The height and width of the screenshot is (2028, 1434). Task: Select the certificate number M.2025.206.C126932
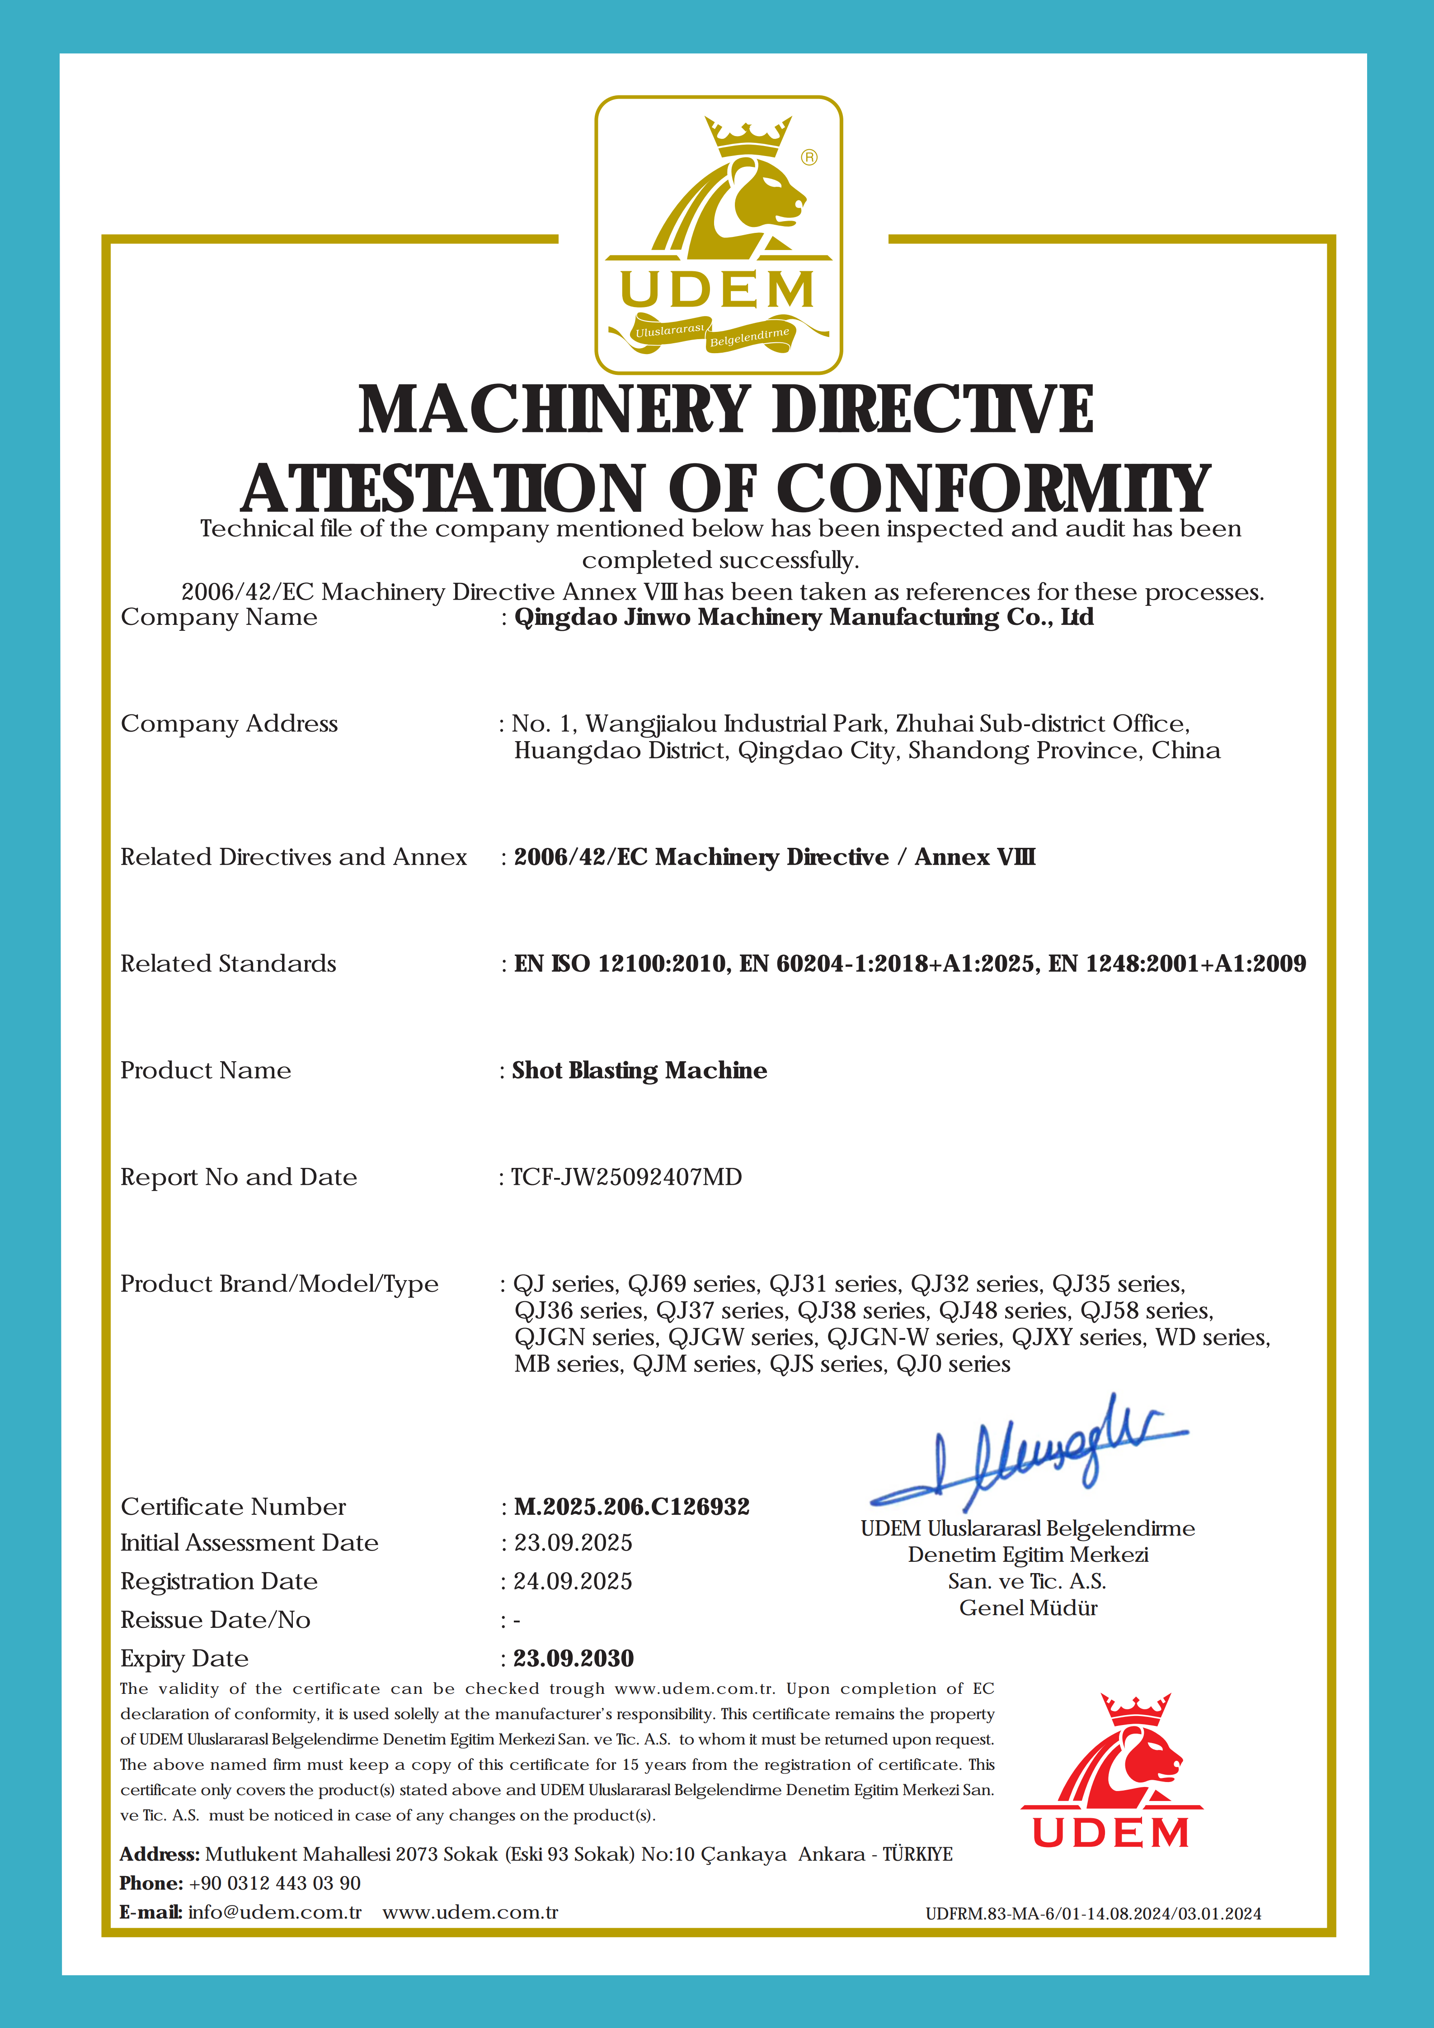[x=631, y=1507]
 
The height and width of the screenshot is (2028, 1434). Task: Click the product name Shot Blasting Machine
[x=639, y=1071]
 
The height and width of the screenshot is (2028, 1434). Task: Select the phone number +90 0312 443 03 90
[x=275, y=1883]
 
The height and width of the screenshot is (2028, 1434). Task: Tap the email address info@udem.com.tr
[x=275, y=1912]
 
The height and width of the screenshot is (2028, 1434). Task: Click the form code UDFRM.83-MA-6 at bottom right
[x=1092, y=1914]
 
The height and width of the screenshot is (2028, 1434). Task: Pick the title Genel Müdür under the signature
[x=1028, y=1608]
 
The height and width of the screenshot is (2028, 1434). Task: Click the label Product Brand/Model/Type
[x=279, y=1284]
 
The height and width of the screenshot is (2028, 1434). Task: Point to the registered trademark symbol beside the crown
[x=809, y=157]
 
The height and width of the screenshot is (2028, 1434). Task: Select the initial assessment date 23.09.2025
[x=573, y=1543]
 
